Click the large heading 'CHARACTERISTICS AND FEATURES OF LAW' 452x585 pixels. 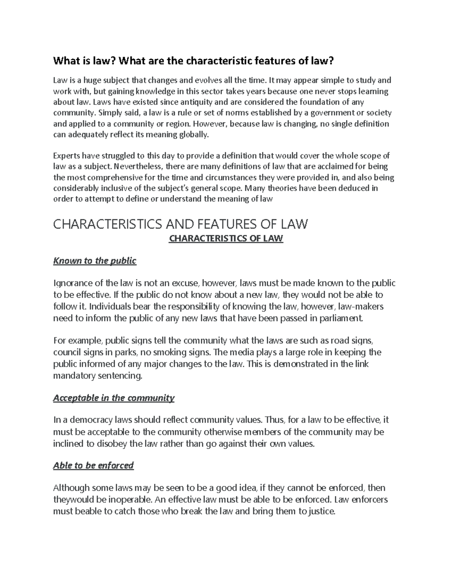(180, 225)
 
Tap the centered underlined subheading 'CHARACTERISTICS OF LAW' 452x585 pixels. (226, 238)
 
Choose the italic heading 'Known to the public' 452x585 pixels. (95, 261)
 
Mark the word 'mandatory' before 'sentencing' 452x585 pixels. (74, 376)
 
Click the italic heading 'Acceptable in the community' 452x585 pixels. (114, 398)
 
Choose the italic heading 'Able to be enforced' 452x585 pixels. (93, 466)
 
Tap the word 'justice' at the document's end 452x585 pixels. (321, 512)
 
